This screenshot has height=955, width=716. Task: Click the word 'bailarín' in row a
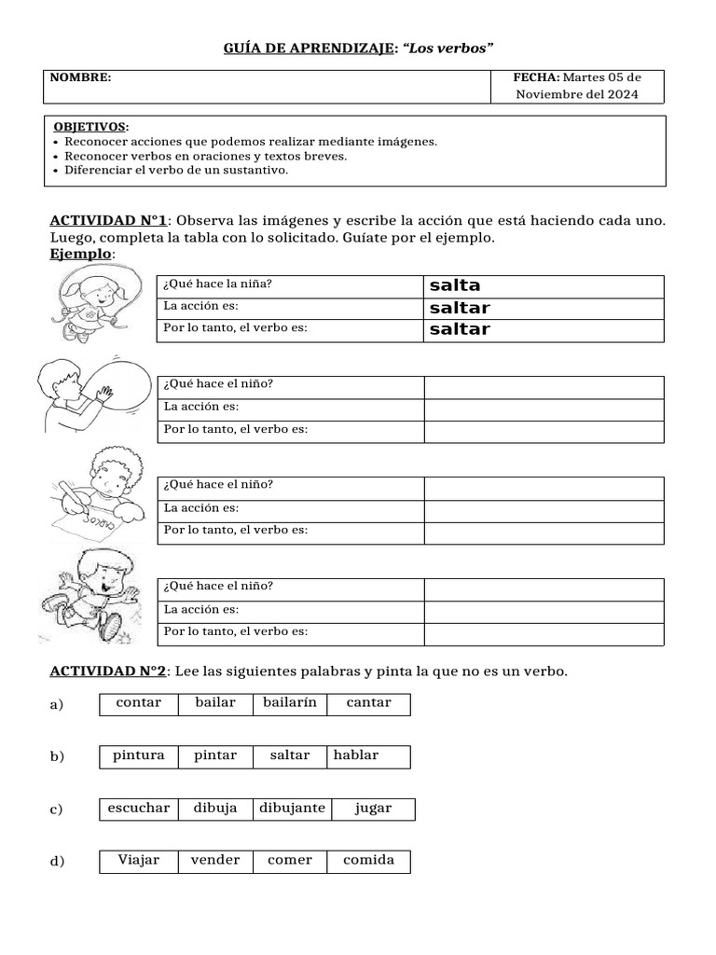click(x=289, y=702)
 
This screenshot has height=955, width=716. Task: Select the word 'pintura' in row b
click(x=138, y=755)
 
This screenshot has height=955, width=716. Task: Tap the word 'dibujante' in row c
click(x=292, y=808)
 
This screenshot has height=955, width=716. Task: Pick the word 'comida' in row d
click(x=368, y=860)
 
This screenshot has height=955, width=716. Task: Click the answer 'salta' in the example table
click(x=455, y=285)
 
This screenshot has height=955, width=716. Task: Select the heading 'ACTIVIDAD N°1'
click(x=107, y=221)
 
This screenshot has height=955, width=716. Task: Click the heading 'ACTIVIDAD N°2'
click(x=107, y=671)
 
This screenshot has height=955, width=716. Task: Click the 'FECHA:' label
click(x=536, y=77)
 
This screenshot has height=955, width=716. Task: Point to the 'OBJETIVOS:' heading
click(x=91, y=127)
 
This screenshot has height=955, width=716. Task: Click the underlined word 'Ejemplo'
click(x=81, y=254)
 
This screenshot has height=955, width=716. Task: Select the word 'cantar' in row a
click(x=368, y=702)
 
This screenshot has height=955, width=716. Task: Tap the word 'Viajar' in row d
click(x=138, y=860)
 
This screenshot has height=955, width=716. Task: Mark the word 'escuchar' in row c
click(x=138, y=808)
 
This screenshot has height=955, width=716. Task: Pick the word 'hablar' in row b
click(x=356, y=755)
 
